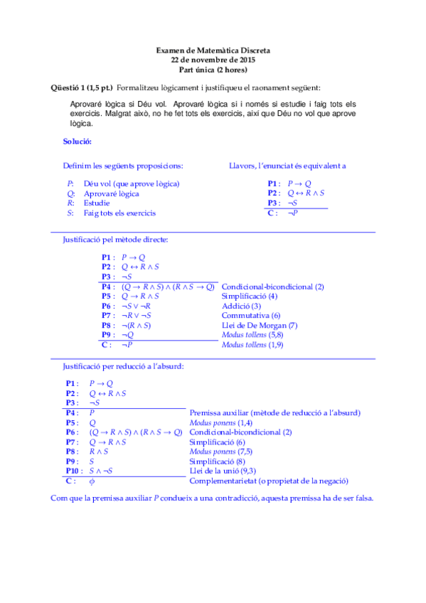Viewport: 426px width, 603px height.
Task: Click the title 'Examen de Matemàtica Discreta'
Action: pyautogui.click(x=213, y=51)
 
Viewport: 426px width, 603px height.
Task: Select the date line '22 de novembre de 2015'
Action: pyautogui.click(x=213, y=60)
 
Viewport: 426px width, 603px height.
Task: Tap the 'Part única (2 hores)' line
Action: pyautogui.click(x=213, y=70)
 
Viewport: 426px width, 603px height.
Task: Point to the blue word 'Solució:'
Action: pyautogui.click(x=77, y=142)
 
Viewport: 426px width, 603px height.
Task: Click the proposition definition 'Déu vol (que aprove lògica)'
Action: pyautogui.click(x=132, y=183)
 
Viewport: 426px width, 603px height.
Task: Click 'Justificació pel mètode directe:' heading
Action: pyautogui.click(x=115, y=240)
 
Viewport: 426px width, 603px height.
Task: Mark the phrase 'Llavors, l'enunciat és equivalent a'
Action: pyautogui.click(x=287, y=166)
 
